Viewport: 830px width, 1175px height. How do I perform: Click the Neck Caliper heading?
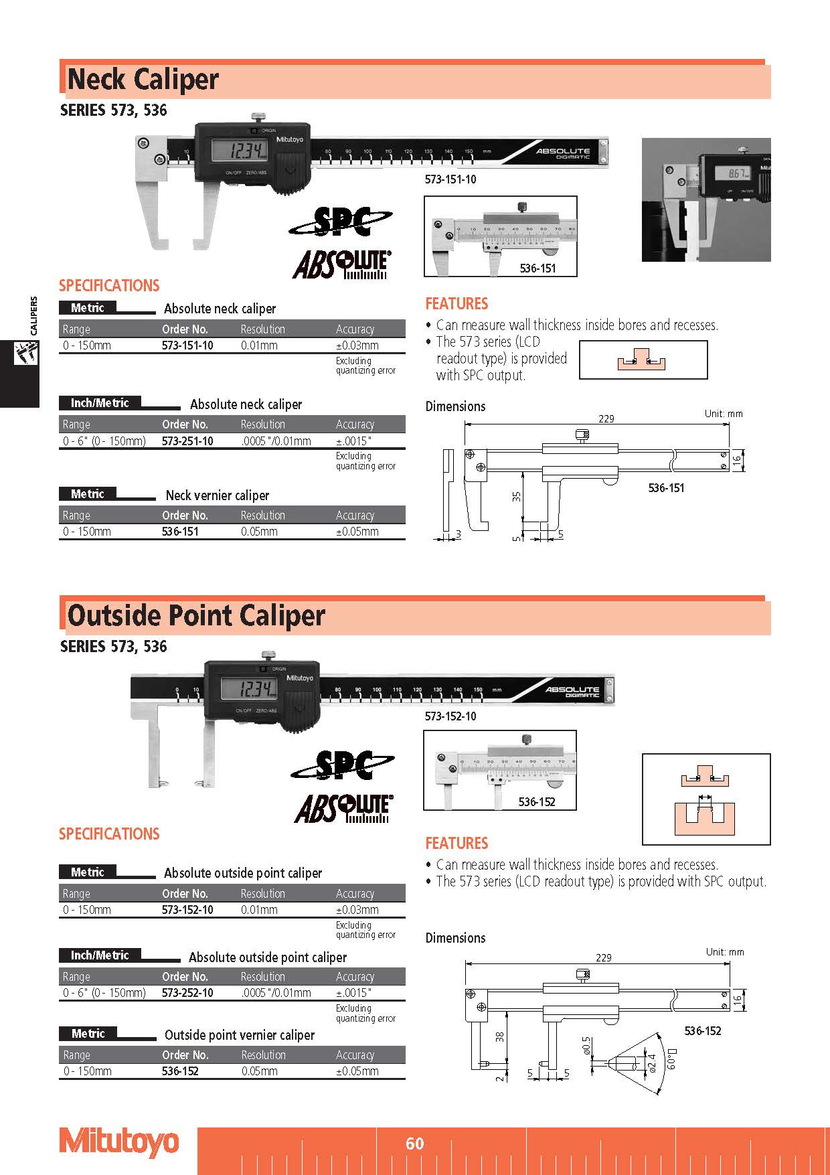click(143, 80)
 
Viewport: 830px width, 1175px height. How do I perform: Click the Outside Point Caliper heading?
click(196, 616)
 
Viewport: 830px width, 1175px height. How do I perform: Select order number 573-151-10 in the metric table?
click(187, 345)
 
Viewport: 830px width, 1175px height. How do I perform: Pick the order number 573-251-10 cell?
click(187, 441)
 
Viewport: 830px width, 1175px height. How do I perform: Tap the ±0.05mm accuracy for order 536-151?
click(357, 532)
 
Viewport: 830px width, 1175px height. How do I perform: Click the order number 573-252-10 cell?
click(187, 993)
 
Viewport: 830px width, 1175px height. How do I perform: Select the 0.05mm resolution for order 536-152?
click(259, 1071)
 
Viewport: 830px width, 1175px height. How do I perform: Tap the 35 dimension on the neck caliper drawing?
click(516, 497)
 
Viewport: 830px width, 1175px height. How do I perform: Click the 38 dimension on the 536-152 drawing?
click(499, 1037)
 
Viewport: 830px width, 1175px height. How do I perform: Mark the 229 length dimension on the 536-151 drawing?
click(606, 418)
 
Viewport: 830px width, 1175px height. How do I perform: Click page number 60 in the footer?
click(414, 1144)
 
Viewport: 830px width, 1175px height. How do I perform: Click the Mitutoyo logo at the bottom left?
click(119, 1142)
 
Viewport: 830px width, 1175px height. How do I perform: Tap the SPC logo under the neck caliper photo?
click(341, 222)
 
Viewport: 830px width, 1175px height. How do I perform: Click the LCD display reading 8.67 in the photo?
click(727, 174)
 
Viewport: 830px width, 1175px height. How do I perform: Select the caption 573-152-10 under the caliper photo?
click(450, 716)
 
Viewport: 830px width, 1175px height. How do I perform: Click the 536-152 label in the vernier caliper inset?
click(536, 801)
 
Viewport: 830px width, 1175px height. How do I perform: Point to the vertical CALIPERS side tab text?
click(34, 315)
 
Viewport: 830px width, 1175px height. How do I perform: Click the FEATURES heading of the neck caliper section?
click(456, 304)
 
